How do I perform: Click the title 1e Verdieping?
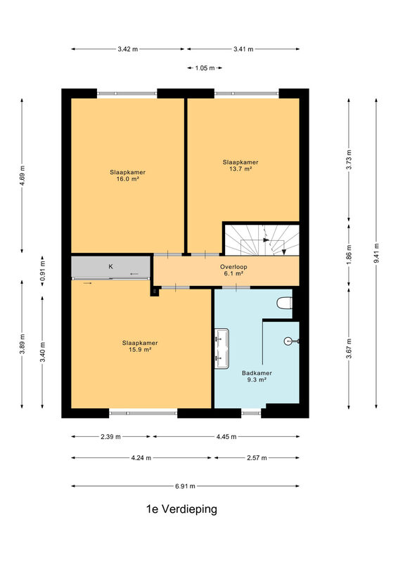181,509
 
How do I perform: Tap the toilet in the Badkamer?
284,303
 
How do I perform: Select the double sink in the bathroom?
222,348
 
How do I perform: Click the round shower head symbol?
289,341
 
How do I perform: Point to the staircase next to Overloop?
262,240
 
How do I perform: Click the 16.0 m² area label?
128,179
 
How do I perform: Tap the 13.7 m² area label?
240,169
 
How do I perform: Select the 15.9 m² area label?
140,350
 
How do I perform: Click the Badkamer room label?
257,373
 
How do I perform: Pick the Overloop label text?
233,267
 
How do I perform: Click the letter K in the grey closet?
111,267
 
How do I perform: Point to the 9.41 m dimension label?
376,253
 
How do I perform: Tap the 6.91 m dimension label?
185,486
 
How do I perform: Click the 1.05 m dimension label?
205,68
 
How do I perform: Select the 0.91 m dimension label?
43,272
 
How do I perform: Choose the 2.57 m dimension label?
257,458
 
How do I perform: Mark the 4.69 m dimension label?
23,176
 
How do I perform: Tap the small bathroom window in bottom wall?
251,413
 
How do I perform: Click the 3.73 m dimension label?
349,159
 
